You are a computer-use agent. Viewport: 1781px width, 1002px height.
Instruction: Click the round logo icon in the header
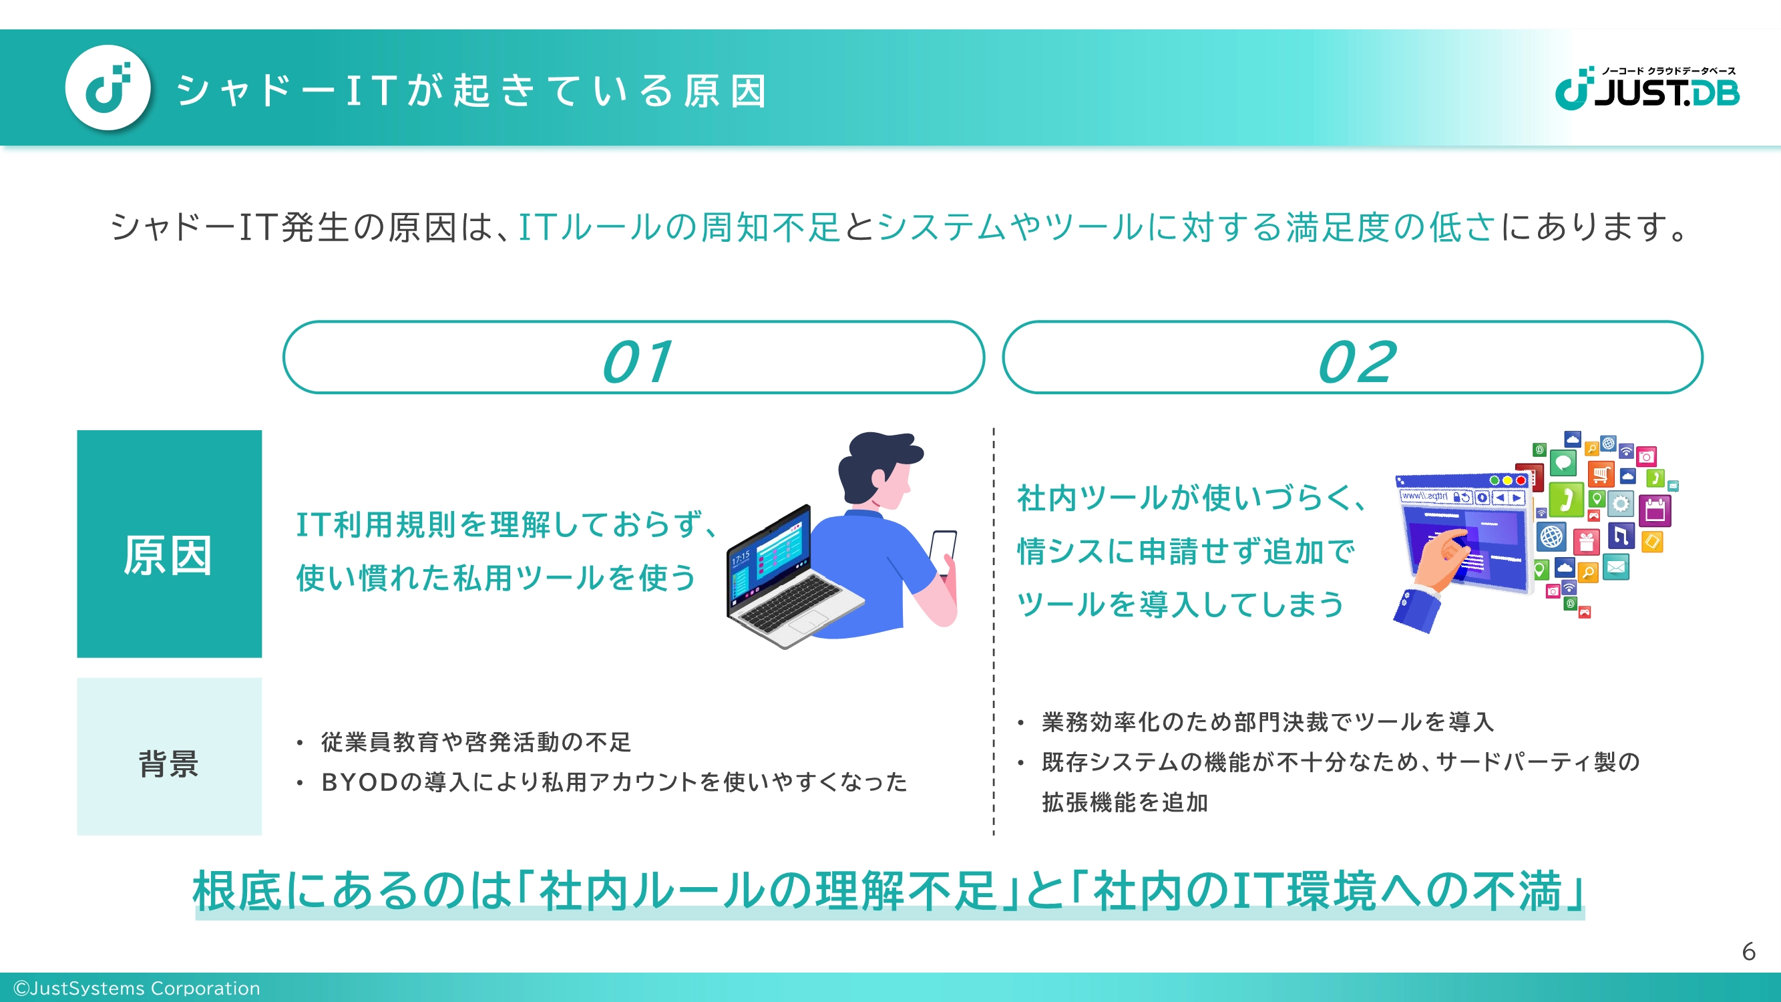[x=108, y=88]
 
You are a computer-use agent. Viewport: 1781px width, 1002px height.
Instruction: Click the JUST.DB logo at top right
[x=1647, y=89]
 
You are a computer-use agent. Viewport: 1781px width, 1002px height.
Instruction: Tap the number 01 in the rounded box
[x=637, y=361]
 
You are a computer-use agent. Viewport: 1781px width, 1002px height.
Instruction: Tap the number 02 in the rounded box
[x=1356, y=361]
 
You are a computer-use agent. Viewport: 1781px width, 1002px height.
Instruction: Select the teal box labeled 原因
[x=170, y=544]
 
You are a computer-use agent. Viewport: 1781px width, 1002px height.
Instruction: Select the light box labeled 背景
[x=170, y=757]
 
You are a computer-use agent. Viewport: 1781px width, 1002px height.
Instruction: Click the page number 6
[x=1748, y=951]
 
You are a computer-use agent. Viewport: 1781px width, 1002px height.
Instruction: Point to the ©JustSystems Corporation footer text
[x=137, y=988]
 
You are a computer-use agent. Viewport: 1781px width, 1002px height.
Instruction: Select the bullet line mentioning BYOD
[x=614, y=782]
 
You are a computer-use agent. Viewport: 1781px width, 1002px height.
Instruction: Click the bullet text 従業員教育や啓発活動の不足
[x=475, y=742]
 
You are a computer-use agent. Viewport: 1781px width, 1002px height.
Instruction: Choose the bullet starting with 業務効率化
[x=1268, y=722]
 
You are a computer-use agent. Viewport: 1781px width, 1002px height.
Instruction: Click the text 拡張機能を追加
[x=1125, y=802]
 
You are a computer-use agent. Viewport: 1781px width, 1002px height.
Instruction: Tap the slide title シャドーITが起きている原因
[x=472, y=92]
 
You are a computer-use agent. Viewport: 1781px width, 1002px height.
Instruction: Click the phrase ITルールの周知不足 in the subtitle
[x=679, y=227]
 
